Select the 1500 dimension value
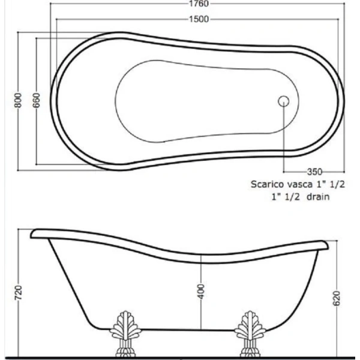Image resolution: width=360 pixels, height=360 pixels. [x=200, y=19]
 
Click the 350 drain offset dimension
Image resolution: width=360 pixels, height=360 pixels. [x=316, y=170]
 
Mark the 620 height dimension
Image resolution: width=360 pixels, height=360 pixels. [x=337, y=298]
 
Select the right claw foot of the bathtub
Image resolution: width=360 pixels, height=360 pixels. [x=247, y=334]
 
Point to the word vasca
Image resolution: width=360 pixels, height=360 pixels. [x=301, y=185]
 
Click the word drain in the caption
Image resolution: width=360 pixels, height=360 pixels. [x=317, y=196]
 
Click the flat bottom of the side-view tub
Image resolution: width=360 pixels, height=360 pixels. [x=186, y=329]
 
